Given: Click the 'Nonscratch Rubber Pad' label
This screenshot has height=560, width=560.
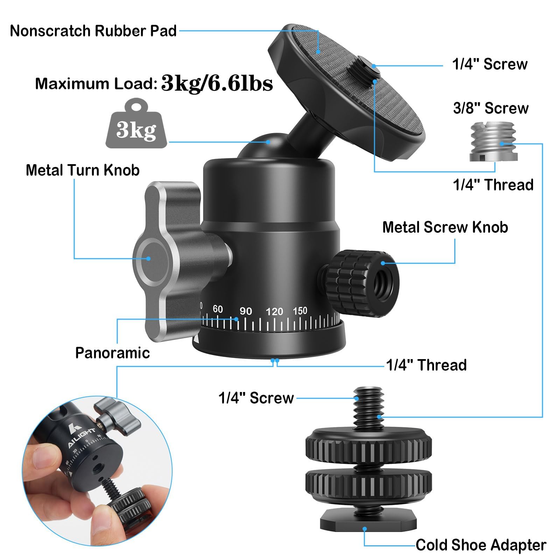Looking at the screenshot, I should pos(93,31).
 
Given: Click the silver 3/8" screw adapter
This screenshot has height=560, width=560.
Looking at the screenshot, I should pos(492,141).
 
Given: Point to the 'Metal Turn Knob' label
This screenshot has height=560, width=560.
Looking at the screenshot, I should pos(83,170).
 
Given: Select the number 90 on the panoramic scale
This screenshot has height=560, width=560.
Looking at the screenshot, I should pos(246,311).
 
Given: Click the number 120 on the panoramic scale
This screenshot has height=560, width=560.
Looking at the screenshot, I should pos(274,311).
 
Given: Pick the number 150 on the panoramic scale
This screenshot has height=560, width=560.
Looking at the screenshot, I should pos(300,311).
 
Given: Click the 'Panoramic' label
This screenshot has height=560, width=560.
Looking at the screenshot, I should pos(112,353).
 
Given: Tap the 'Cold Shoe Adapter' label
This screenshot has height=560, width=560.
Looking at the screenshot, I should pos(481,545).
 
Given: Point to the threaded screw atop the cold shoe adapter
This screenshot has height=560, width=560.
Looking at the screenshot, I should pos(368,406).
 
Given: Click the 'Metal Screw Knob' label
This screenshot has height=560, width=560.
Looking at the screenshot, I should pos(445,227).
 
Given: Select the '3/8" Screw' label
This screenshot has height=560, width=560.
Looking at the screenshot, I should pos(491,108).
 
